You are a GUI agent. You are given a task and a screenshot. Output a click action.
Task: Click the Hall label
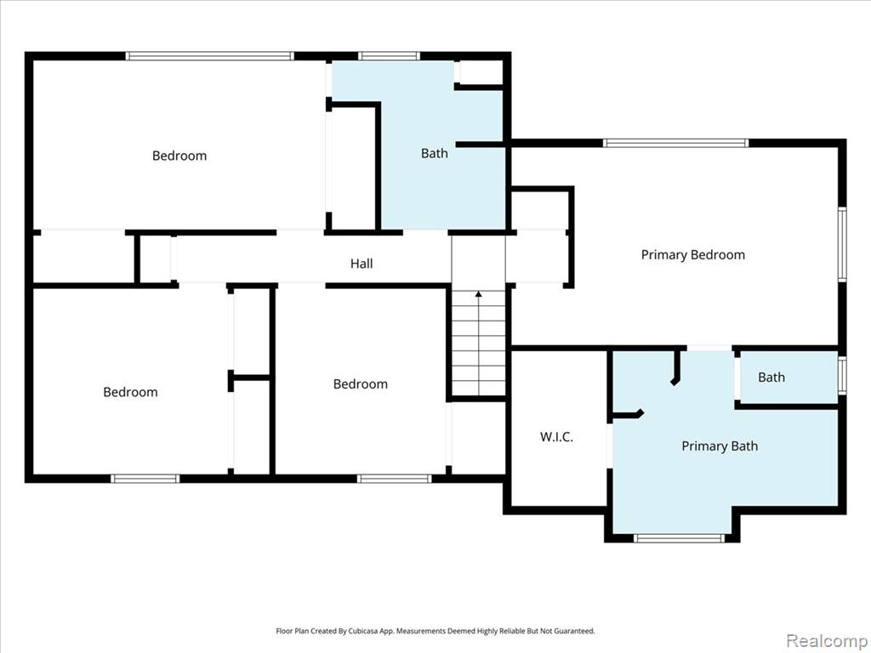(x=361, y=264)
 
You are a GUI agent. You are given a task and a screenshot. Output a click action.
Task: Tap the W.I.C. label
(x=556, y=437)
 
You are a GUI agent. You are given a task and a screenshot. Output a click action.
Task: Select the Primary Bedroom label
(x=692, y=255)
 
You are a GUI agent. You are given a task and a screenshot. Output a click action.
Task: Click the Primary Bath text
(x=720, y=446)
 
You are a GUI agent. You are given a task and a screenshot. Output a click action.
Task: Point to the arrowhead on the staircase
(x=478, y=293)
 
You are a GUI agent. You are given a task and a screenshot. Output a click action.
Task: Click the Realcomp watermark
(x=826, y=640)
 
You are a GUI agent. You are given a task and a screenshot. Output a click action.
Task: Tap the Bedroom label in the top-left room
(x=179, y=156)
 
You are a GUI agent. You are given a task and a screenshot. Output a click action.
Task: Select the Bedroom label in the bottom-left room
(x=130, y=392)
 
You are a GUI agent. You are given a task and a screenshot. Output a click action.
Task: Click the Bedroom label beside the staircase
(x=361, y=383)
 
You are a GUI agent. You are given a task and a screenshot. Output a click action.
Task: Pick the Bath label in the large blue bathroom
(x=435, y=153)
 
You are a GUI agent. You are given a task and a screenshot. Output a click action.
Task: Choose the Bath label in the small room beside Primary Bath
(x=771, y=377)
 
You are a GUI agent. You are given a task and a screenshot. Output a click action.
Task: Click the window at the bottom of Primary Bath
(x=679, y=537)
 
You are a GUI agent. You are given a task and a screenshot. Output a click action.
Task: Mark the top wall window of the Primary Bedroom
(x=675, y=143)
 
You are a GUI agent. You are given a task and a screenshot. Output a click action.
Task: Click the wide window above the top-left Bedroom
(x=209, y=56)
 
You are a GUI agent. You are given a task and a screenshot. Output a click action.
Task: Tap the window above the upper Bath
(x=389, y=56)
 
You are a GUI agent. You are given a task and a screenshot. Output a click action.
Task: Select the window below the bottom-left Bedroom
(x=145, y=479)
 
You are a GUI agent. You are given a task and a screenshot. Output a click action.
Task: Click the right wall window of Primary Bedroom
(x=842, y=244)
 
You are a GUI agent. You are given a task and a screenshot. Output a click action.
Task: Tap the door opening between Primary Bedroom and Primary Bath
(x=709, y=348)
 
